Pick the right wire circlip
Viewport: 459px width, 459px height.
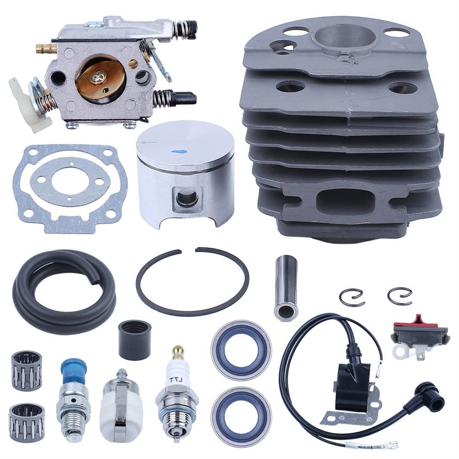[x=399, y=295]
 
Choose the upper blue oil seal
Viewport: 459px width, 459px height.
[x=241, y=348]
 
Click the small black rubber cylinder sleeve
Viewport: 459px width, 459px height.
[x=135, y=340]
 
